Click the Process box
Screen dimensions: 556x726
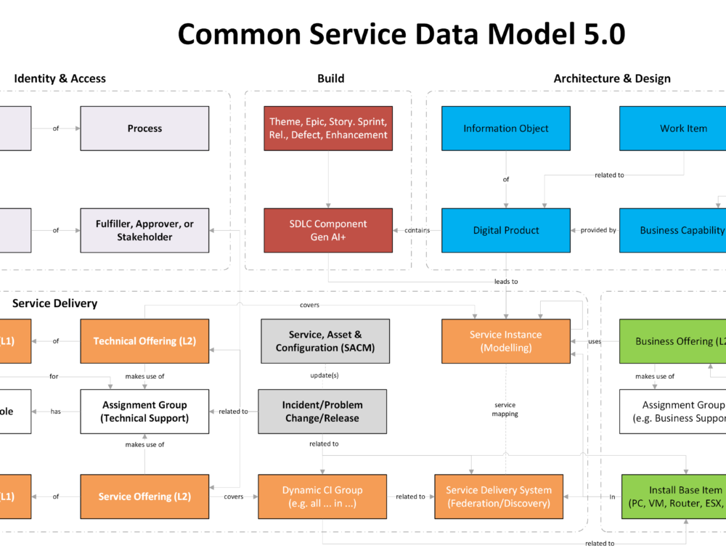[144, 128]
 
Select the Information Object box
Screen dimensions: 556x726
[506, 128]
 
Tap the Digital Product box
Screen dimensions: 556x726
[506, 230]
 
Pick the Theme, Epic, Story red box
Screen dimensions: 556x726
[328, 128]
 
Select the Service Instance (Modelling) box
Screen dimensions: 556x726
[505, 341]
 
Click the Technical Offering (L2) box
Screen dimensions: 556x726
[144, 341]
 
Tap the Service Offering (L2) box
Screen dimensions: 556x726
[144, 496]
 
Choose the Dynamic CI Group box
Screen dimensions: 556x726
[322, 496]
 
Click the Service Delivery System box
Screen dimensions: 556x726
[499, 496]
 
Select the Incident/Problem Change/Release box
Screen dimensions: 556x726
[322, 412]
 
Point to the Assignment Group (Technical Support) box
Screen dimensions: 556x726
[144, 412]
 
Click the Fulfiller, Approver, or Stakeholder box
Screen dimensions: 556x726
[144, 230]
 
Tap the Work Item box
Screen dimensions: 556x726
[682, 128]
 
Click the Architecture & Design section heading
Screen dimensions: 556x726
[611, 78]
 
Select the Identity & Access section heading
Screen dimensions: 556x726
[60, 78]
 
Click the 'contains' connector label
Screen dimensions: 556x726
[417, 230]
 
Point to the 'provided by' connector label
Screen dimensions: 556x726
[598, 230]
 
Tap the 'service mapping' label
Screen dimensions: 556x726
[505, 409]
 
